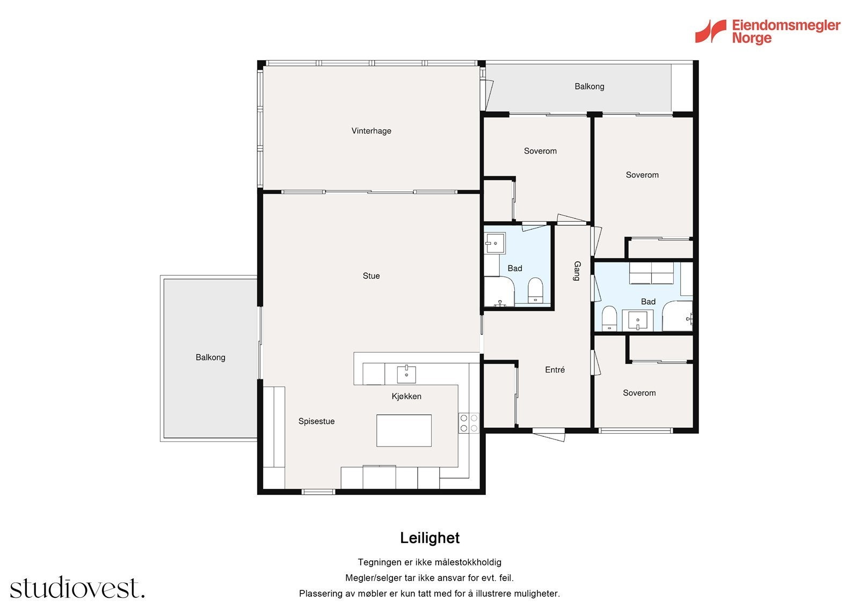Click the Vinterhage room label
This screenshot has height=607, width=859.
click(x=371, y=131)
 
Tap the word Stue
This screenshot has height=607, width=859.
click(x=371, y=276)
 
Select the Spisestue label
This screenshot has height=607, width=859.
click(x=316, y=421)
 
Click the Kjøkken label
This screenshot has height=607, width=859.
click(x=406, y=396)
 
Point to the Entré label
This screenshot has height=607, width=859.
click(x=555, y=370)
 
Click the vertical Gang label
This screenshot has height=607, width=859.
click(x=577, y=271)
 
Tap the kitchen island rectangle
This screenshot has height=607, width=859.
click(x=404, y=430)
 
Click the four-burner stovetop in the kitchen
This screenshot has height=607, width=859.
click(x=469, y=423)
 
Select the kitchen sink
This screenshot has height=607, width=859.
click(x=406, y=374)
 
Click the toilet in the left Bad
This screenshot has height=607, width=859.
click(x=535, y=290)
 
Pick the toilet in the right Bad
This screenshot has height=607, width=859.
click(x=609, y=318)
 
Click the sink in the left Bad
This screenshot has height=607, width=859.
click(x=495, y=243)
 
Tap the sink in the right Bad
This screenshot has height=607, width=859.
click(x=637, y=320)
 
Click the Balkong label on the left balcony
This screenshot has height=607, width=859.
click(x=210, y=357)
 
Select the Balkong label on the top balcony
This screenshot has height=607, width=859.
click(x=589, y=86)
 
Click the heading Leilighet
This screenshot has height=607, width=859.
click(x=429, y=538)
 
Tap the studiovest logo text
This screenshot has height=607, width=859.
click(x=77, y=587)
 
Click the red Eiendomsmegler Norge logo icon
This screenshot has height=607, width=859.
click(x=711, y=31)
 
